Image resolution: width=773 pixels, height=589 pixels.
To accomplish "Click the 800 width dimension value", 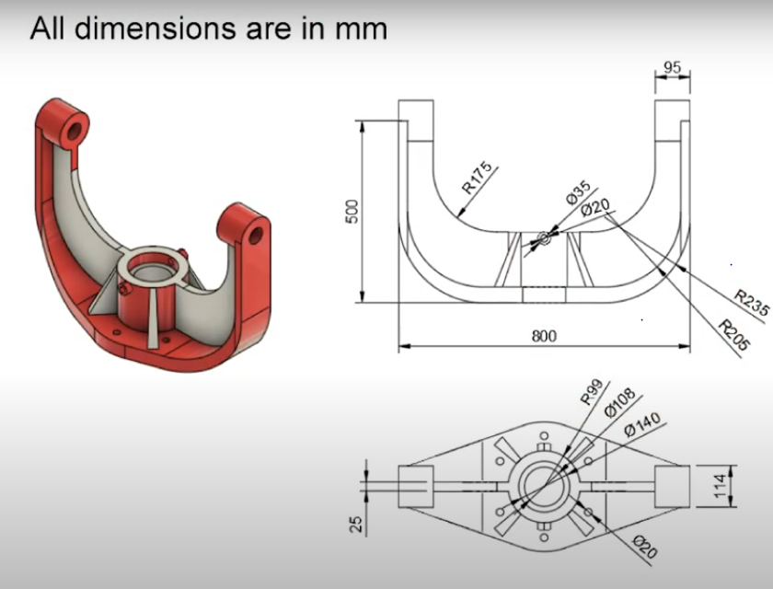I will point(544,337).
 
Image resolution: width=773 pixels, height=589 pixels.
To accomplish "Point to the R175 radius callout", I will point(478,179).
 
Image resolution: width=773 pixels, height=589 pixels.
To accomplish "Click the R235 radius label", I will point(751,304).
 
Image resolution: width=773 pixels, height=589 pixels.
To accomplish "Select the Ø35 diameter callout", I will point(578,193).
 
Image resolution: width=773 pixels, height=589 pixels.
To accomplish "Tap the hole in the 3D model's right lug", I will point(254,233).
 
